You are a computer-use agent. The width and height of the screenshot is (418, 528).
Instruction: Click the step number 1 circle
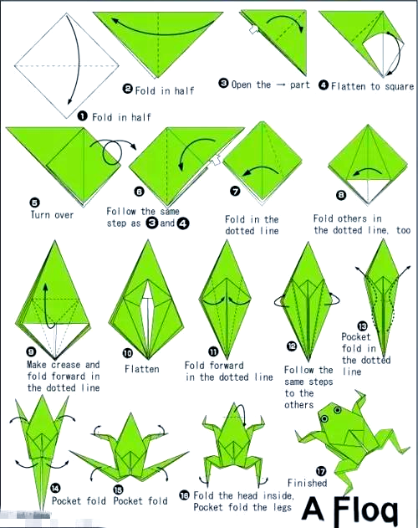tap(83, 116)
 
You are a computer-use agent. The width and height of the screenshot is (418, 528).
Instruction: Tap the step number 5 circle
tap(34, 202)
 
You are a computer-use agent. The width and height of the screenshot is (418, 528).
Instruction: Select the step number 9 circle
tap(31, 352)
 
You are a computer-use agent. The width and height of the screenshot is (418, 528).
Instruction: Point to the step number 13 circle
tap(362, 326)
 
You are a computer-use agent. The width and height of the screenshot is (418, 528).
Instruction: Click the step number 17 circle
tap(321, 471)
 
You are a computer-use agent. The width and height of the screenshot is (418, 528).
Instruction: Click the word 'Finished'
tap(308, 483)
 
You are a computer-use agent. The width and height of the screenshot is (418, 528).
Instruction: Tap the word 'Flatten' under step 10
tap(141, 369)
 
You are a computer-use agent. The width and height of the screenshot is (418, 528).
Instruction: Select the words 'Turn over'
tap(52, 215)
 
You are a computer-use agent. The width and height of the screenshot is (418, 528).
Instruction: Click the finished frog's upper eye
tap(337, 410)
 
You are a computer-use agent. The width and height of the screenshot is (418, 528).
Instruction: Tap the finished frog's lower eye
tap(324, 418)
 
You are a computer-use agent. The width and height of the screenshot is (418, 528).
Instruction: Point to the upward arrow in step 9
tap(48, 305)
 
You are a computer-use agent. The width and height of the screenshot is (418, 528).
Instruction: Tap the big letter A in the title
tap(313, 508)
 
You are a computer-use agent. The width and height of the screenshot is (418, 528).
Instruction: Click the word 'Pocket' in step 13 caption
tap(356, 336)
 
